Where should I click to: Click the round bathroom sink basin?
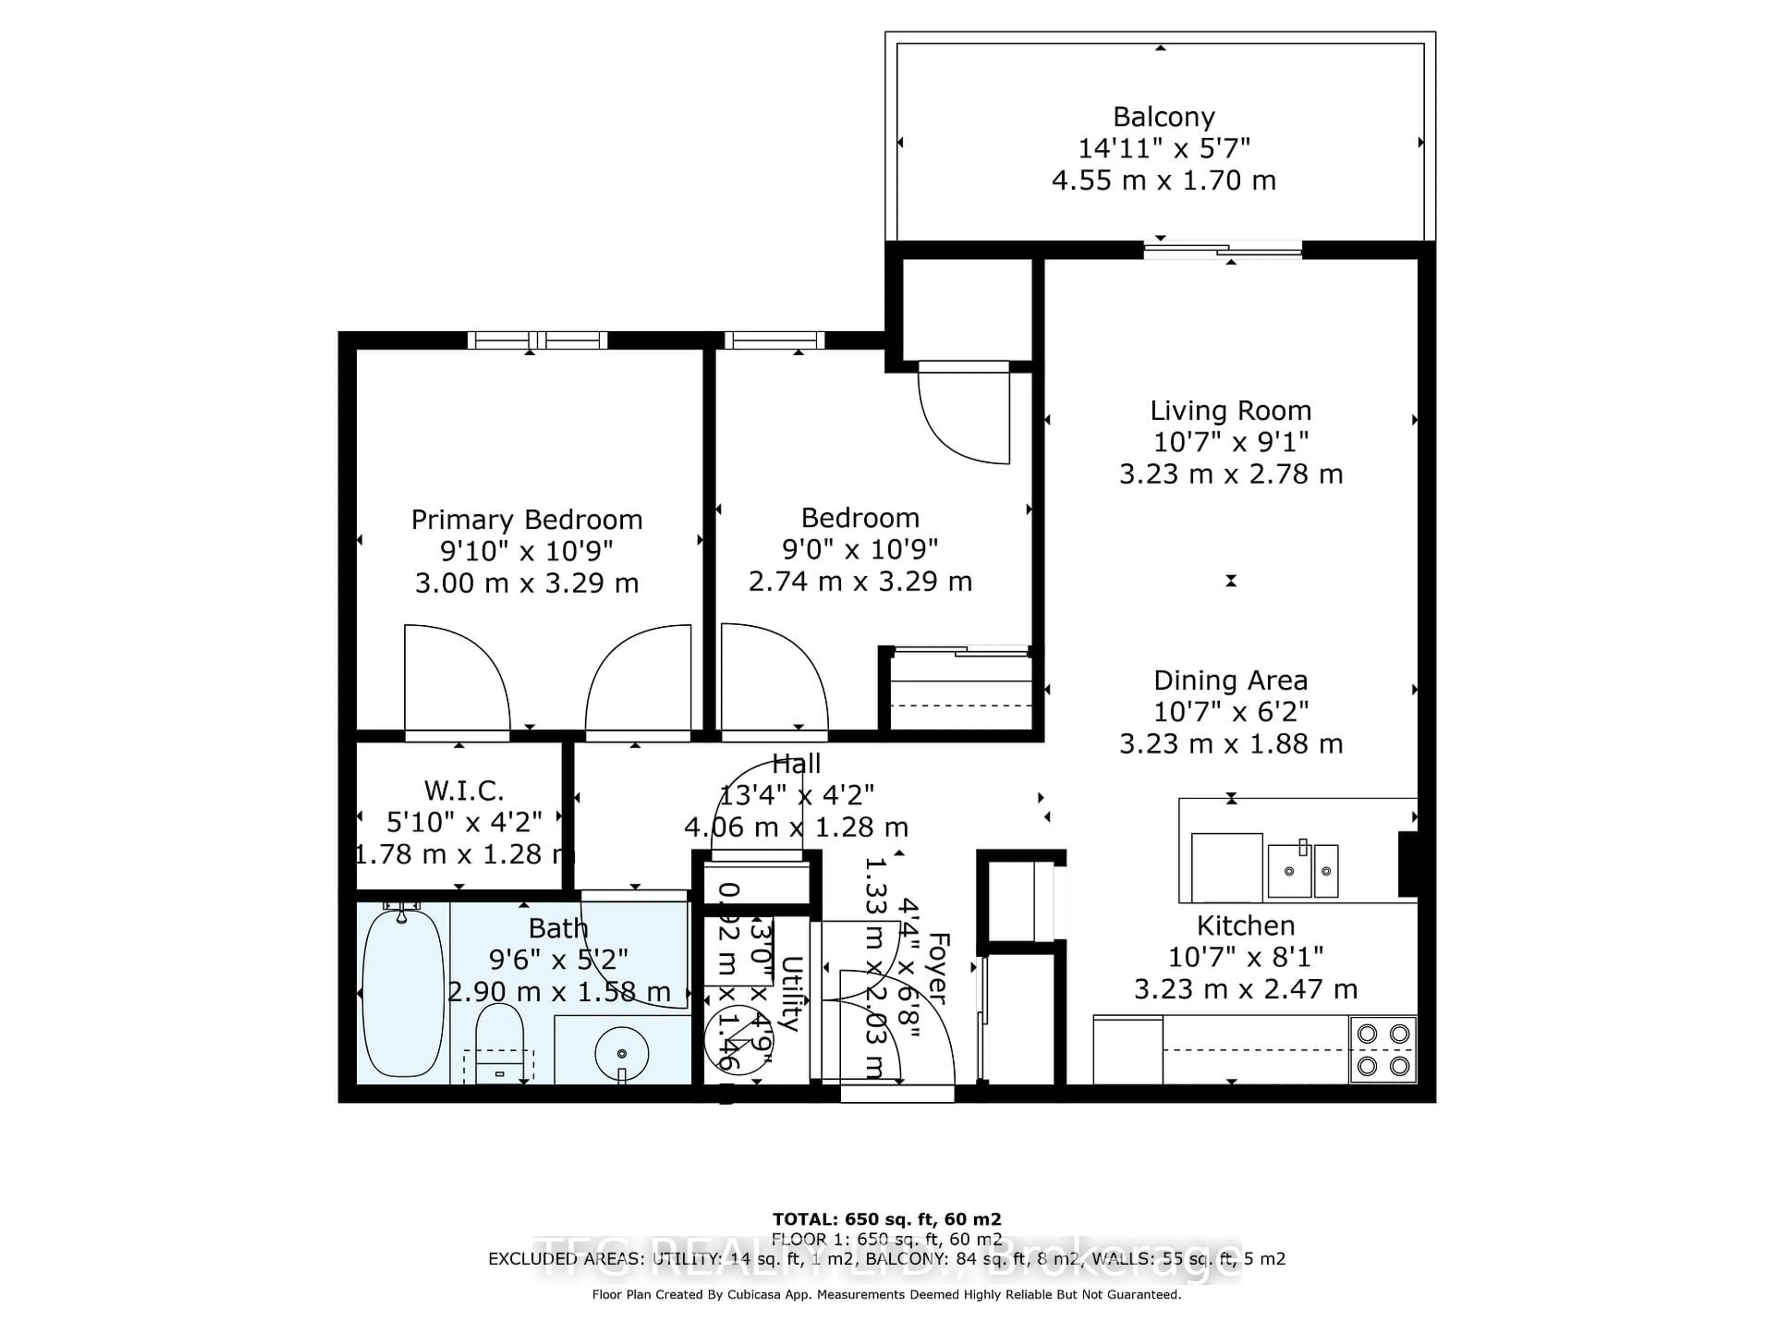622,1053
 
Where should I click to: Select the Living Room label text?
1230,411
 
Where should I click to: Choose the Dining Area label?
1230,680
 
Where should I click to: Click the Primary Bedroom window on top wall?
537,340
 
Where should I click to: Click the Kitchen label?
1245,926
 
